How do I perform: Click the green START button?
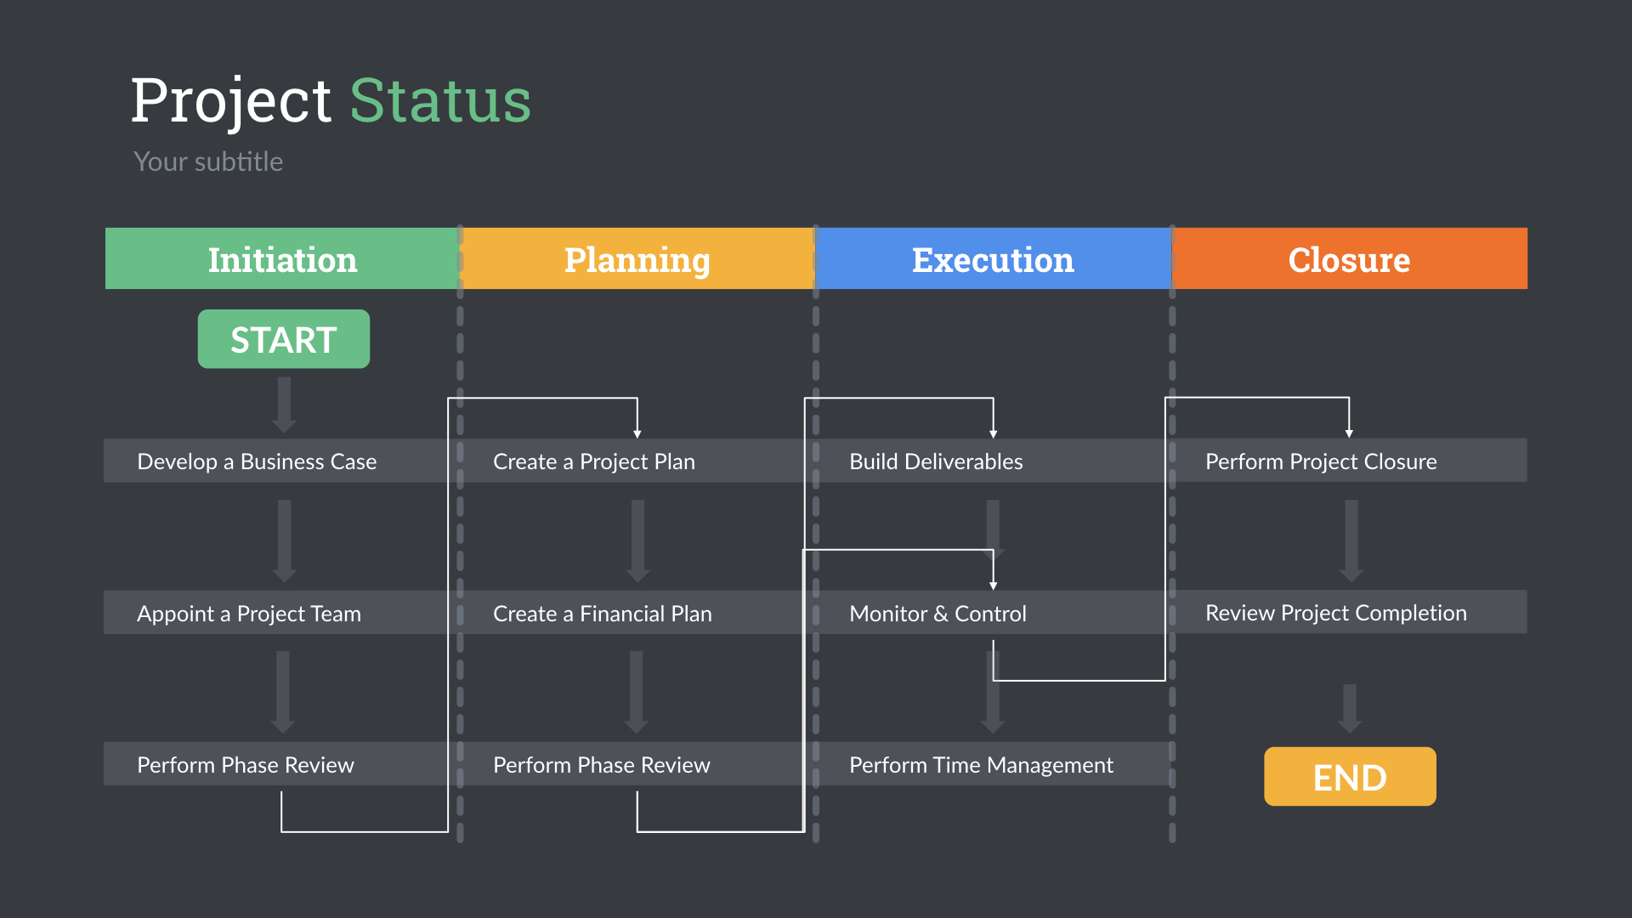pyautogui.click(x=283, y=339)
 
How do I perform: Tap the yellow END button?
pyautogui.click(x=1349, y=776)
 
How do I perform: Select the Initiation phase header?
pyautogui.click(x=282, y=259)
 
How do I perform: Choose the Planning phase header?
pyautogui.click(x=637, y=259)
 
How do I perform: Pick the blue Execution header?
pyautogui.click(x=993, y=259)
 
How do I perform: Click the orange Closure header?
pyautogui.click(x=1349, y=259)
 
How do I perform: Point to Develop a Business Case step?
pyautogui.click(x=257, y=462)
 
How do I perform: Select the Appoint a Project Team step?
pyautogui.click(x=249, y=613)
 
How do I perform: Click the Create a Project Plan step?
pyautogui.click(x=594, y=462)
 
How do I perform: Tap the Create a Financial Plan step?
pyautogui.click(x=603, y=613)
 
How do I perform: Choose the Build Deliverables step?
pyautogui.click(x=936, y=462)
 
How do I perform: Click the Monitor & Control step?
pyautogui.click(x=938, y=613)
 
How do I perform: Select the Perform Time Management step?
pyautogui.click(x=981, y=765)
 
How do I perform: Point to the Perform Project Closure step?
pyautogui.click(x=1321, y=462)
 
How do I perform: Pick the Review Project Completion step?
pyautogui.click(x=1335, y=613)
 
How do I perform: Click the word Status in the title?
pyautogui.click(x=440, y=101)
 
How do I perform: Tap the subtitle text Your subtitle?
pyautogui.click(x=208, y=161)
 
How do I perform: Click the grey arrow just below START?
pyautogui.click(x=284, y=405)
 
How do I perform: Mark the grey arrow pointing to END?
pyautogui.click(x=1349, y=707)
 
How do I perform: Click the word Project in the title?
pyautogui.click(x=230, y=101)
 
